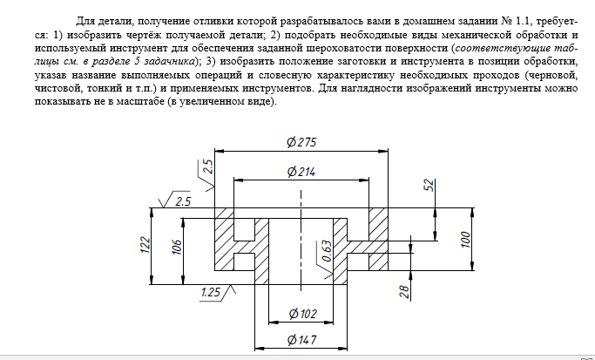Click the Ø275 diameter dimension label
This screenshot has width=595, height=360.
tap(301, 142)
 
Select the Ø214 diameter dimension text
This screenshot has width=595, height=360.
tap(301, 172)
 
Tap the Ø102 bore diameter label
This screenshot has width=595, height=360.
tap(302, 314)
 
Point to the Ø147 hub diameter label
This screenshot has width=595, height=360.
tap(301, 339)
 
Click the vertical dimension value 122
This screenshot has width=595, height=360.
tap(145, 245)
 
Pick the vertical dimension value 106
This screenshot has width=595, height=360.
tap(177, 246)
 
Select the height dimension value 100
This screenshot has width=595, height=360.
tap(465, 240)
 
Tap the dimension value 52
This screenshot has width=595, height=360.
tap(429, 186)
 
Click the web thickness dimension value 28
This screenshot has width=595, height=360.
tap(405, 292)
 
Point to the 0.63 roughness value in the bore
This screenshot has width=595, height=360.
tap(327, 251)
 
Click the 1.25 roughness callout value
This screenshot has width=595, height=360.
tap(210, 292)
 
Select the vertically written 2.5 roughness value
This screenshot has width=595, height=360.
tap(208, 166)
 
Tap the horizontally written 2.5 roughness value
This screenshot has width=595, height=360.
tap(183, 201)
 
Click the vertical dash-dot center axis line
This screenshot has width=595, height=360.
tap(301, 241)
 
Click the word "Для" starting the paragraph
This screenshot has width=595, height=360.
tap(85, 21)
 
